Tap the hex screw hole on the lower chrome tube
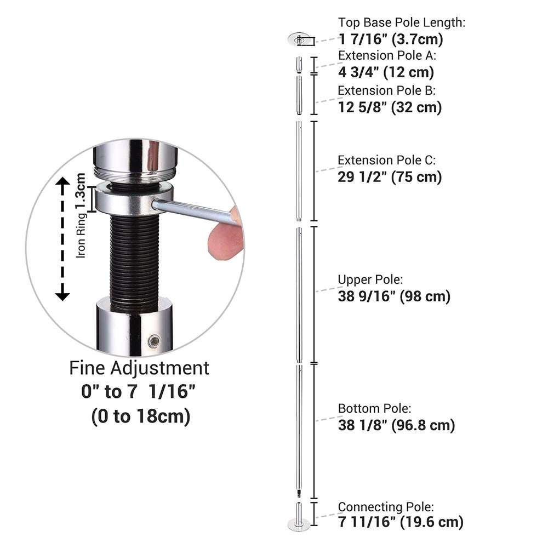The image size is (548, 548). point(154,341)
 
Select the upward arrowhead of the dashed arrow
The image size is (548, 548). point(62,181)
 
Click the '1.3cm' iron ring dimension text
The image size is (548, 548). point(81,191)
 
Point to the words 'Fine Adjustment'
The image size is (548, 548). point(139,368)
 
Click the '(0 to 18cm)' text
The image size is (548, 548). point(141,416)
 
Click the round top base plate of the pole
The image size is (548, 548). point(299,39)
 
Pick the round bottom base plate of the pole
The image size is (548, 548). point(299,525)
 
